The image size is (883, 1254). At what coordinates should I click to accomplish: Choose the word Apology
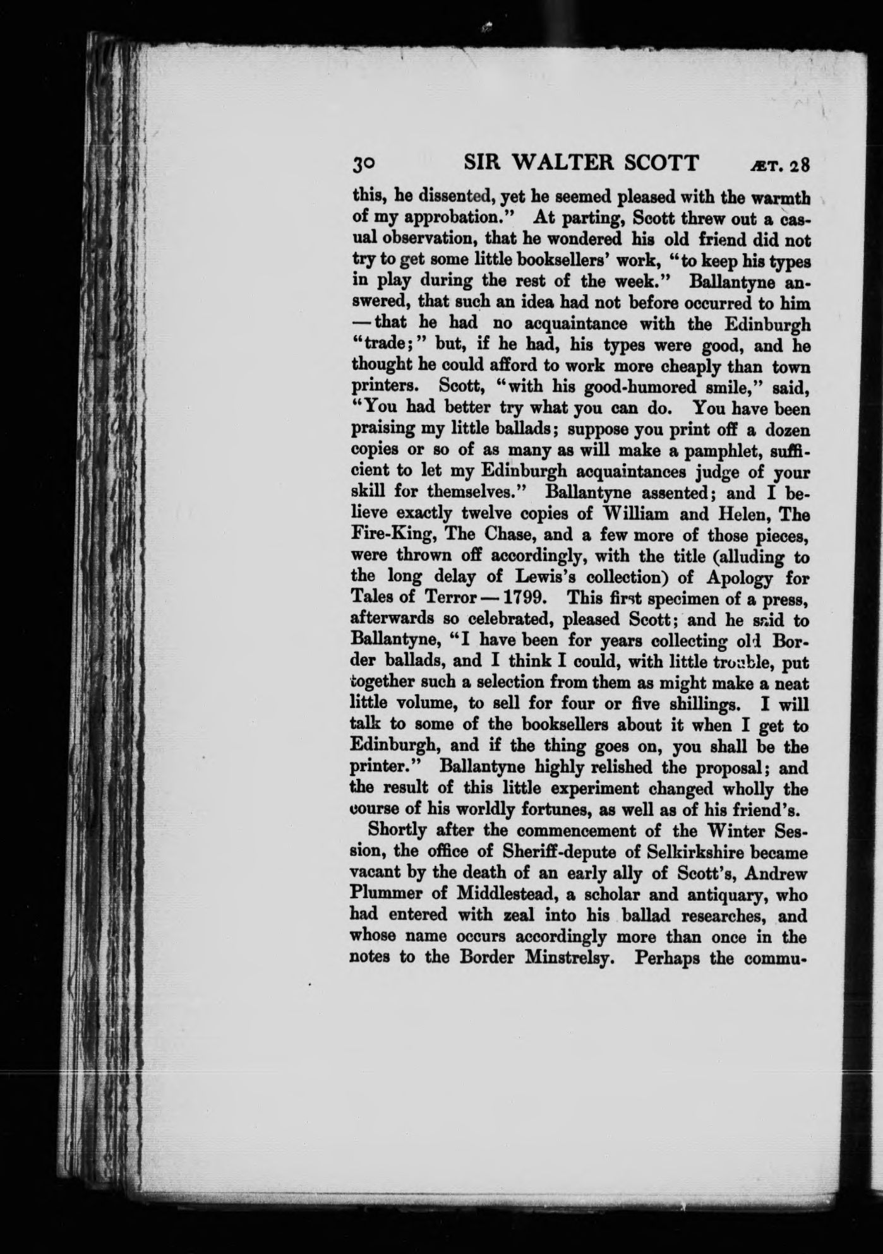pos(740,577)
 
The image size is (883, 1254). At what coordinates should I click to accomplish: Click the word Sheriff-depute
pos(562,853)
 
